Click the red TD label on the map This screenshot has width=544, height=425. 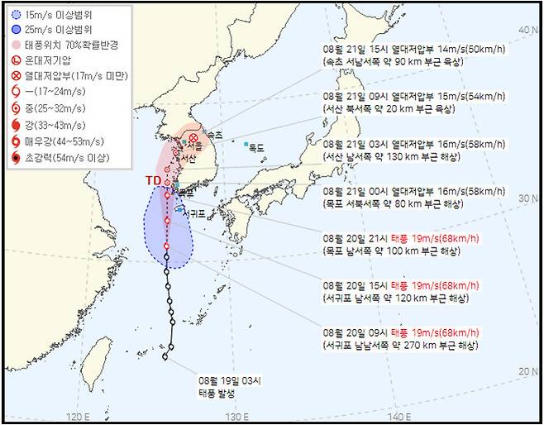(153, 180)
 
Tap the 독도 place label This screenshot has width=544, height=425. (257, 148)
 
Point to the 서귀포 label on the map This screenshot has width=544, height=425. (194, 212)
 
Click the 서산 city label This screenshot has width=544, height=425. (189, 157)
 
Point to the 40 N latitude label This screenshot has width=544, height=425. (526, 30)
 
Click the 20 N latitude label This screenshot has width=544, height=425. (526, 371)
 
